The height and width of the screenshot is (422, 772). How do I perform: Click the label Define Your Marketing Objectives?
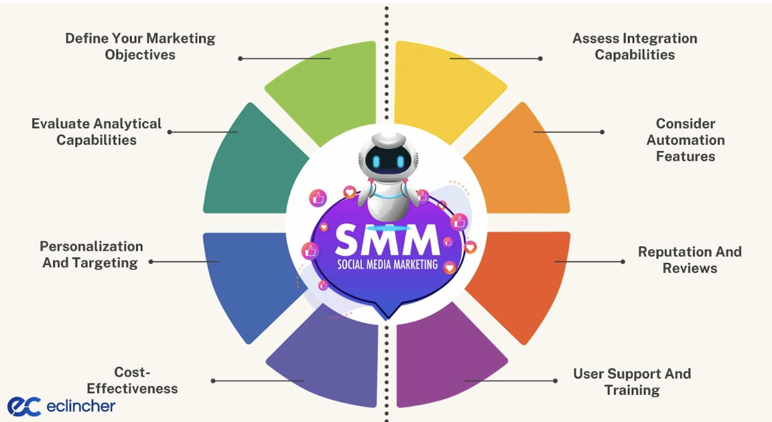(140, 46)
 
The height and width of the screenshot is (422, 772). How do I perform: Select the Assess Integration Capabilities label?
(635, 46)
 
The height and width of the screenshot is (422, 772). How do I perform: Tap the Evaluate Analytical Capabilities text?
(96, 132)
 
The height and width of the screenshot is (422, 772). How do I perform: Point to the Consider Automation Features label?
(685, 140)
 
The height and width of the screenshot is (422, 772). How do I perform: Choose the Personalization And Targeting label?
(91, 254)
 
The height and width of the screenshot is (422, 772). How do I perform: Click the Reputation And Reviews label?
(690, 260)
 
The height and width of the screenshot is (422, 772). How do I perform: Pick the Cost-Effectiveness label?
(132, 381)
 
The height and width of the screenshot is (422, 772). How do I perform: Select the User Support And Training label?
(632, 382)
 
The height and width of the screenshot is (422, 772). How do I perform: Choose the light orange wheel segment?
(523, 167)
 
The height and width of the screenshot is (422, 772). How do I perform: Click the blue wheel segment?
(247, 278)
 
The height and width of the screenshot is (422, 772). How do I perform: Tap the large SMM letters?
(387, 240)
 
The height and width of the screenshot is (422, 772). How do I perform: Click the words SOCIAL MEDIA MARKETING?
(387, 265)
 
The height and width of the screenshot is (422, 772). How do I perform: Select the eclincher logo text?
(80, 406)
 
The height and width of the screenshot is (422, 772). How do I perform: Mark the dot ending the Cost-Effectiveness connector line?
(213, 381)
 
